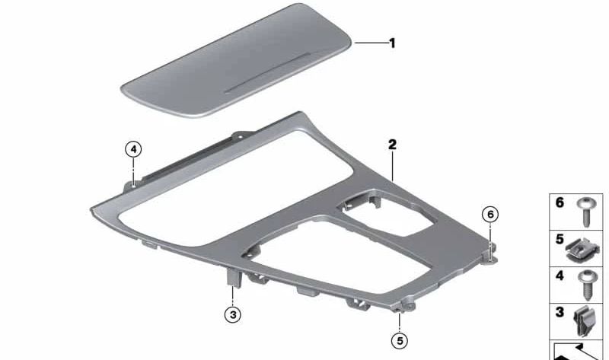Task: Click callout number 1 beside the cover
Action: pos(392,43)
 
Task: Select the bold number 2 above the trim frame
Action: pos(392,144)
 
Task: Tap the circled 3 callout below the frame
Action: pos(234,313)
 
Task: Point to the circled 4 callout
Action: pos(133,149)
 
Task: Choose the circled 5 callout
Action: pos(400,339)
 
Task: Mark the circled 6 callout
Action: pos(491,215)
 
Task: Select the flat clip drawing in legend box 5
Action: pos(583,245)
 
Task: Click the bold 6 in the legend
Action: pos(560,203)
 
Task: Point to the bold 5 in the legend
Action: pos(560,239)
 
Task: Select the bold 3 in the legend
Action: pos(560,312)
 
